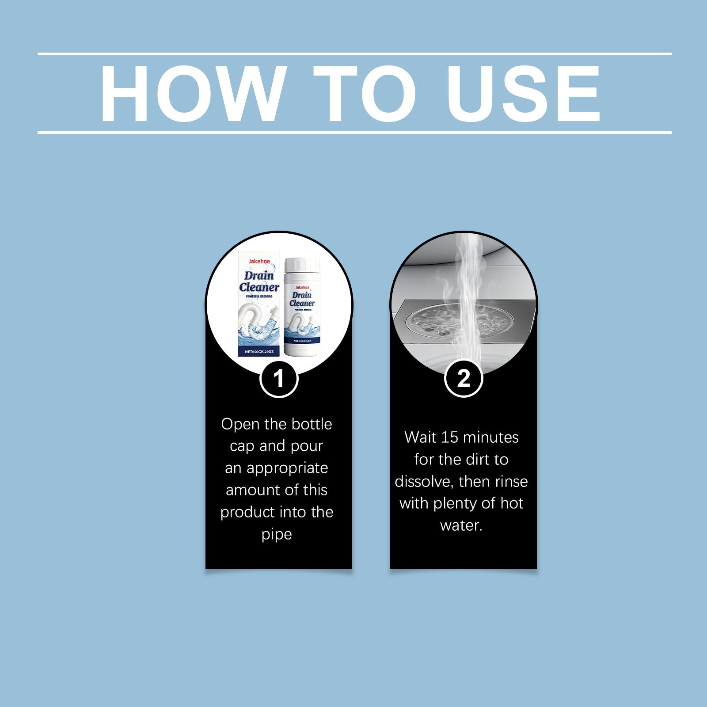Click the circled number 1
[x=278, y=378]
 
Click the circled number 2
[x=464, y=378]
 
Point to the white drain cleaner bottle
[x=301, y=309]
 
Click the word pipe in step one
[x=277, y=534]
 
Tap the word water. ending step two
[x=461, y=525]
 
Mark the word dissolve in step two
[x=424, y=481]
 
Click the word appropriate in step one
[x=287, y=468]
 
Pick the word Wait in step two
[x=420, y=437]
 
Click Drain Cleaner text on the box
[x=260, y=281]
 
